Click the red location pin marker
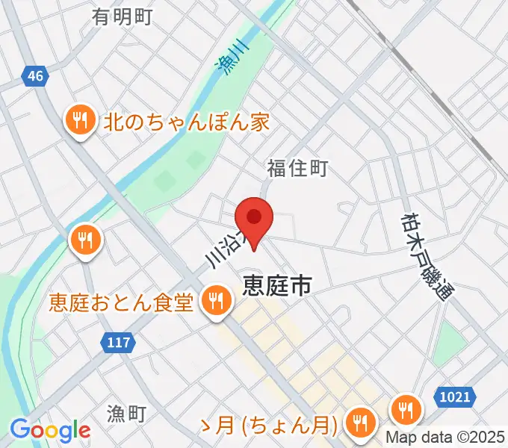[255, 219]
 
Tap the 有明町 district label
[123, 16]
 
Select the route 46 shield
[34, 75]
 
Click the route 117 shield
[117, 343]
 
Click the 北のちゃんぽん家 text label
[186, 122]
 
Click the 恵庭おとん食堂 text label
[122, 302]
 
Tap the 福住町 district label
[297, 169]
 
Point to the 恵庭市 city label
[276, 286]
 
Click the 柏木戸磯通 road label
[427, 255]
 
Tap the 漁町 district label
[128, 413]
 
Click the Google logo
[50, 430]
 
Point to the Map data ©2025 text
[446, 438]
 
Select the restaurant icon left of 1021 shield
[406, 408]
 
